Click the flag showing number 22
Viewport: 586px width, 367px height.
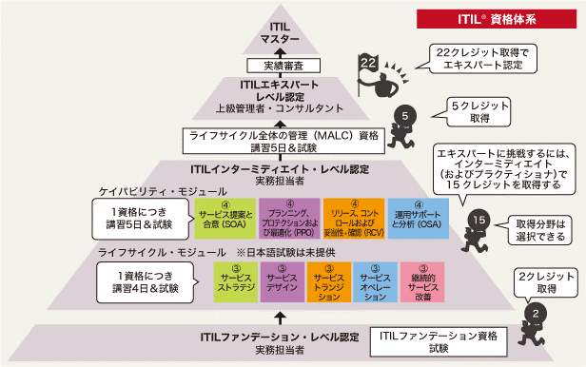(x=369, y=62)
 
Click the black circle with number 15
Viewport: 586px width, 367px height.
(x=479, y=222)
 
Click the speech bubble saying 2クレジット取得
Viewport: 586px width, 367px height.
(x=543, y=280)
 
